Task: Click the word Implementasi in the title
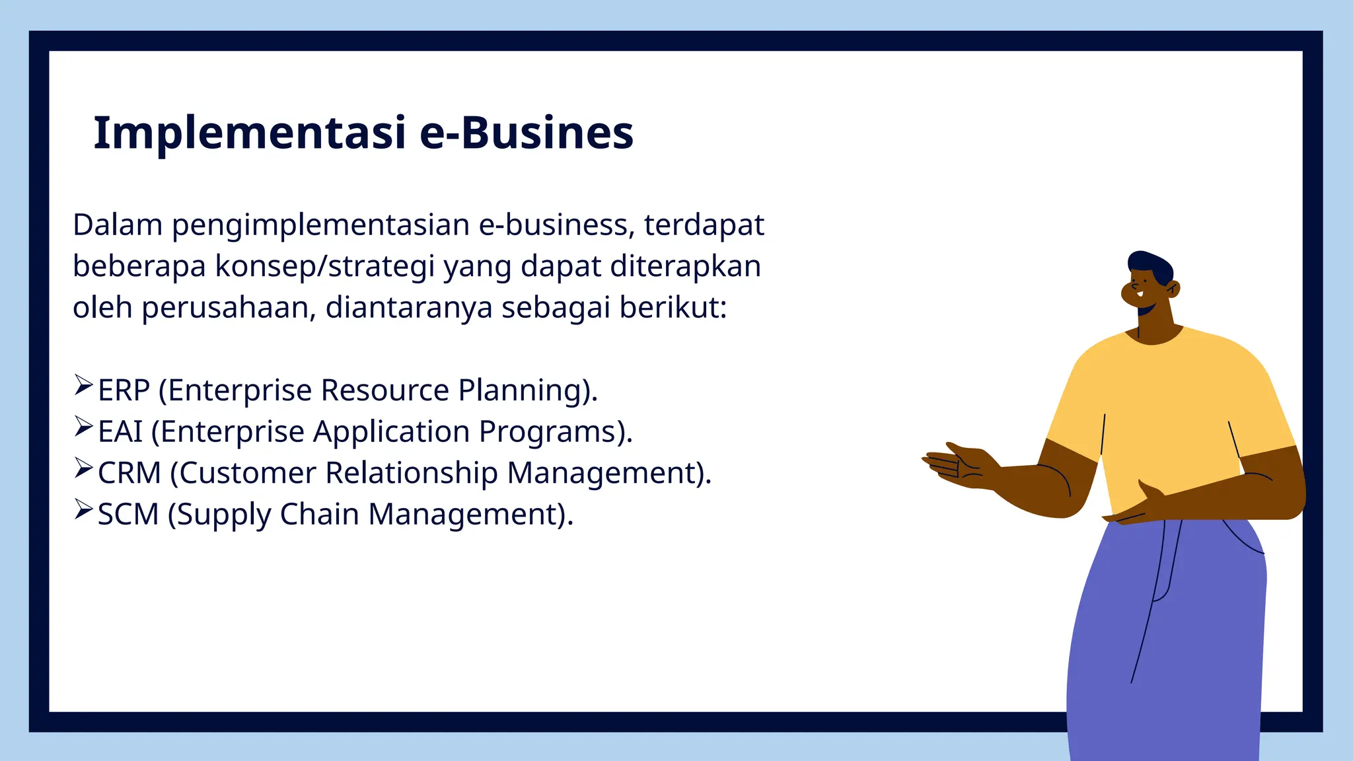[x=249, y=134]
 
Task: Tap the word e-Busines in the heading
[x=527, y=134]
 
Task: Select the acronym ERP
[x=124, y=390]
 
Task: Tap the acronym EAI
[x=120, y=432]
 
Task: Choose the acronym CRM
[x=129, y=474]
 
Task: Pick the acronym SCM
[x=128, y=515]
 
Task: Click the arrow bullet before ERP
[x=83, y=385]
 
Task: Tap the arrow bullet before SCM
[x=83, y=509]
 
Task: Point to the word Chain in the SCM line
[x=319, y=515]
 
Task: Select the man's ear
[x=1173, y=288]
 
